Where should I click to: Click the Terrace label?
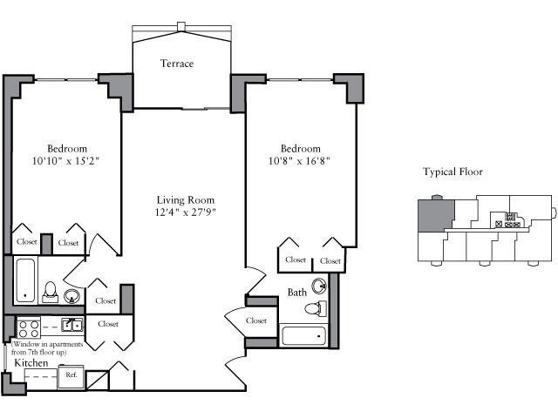(x=177, y=64)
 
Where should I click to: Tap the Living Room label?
(x=186, y=200)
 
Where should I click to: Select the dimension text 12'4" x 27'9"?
(x=186, y=212)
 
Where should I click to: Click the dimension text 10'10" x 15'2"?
(x=65, y=161)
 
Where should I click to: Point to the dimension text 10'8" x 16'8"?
(x=299, y=161)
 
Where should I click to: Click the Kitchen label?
(x=31, y=363)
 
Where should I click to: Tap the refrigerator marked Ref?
(x=71, y=377)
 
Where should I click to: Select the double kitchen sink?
(x=72, y=325)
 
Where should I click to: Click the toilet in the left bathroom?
(x=51, y=293)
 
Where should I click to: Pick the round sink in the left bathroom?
(x=71, y=296)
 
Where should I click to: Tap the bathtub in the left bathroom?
(x=25, y=280)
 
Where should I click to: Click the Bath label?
(x=296, y=293)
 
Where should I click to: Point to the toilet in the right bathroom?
(x=316, y=308)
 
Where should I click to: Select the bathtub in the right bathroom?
(x=304, y=336)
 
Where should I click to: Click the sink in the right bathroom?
(x=319, y=286)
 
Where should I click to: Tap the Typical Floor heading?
(x=453, y=172)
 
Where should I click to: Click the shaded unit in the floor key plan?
(x=436, y=215)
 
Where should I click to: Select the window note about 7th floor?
(x=47, y=348)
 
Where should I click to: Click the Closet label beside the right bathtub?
(x=256, y=320)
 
